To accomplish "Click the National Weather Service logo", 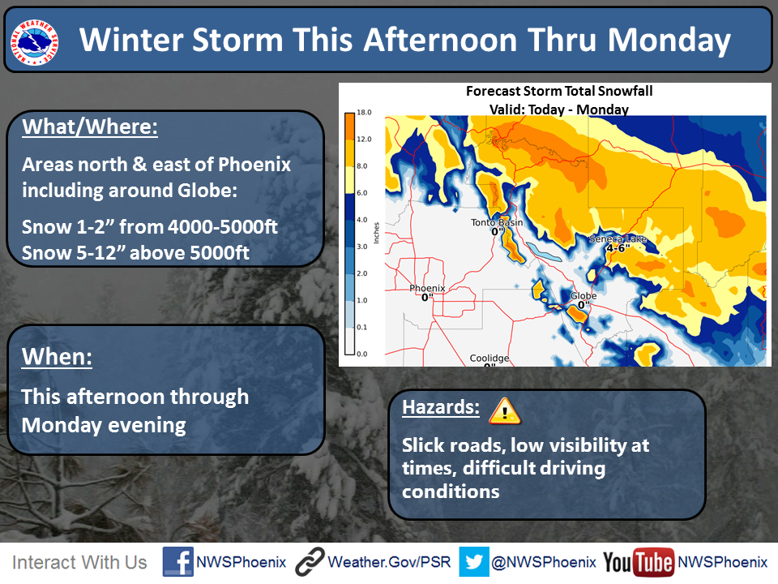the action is click(x=34, y=42).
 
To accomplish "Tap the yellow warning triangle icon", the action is click(x=505, y=410).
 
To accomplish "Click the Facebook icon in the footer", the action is click(x=177, y=561).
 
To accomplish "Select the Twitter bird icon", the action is click(x=474, y=561).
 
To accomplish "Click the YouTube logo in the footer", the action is click(x=639, y=563).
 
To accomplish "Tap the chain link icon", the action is click(x=310, y=562).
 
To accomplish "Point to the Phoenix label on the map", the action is click(x=427, y=288).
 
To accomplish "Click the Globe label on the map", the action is click(x=583, y=295).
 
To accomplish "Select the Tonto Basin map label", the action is click(x=497, y=222).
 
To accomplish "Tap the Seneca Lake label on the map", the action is click(x=618, y=238).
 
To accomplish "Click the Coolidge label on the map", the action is click(x=489, y=358).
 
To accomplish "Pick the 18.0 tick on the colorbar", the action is click(x=364, y=112).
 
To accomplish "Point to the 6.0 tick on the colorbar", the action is click(x=362, y=193).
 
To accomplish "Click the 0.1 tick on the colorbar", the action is click(x=362, y=327).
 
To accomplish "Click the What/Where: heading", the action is click(x=90, y=127).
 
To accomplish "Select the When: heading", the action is click(x=57, y=357).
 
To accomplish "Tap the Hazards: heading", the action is click(x=441, y=407).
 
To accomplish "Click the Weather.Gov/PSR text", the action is click(x=390, y=562).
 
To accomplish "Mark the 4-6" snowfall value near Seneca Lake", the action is click(x=618, y=248).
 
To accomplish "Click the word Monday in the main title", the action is click(x=669, y=41).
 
